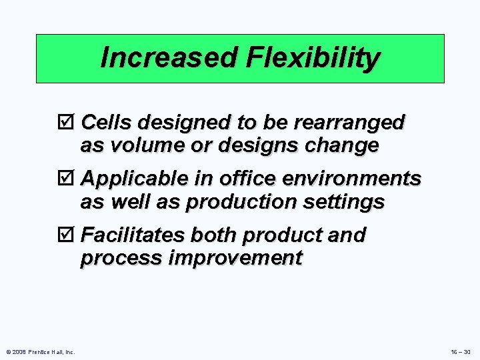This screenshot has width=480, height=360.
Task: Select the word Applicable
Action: [131, 179]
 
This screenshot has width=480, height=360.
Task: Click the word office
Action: [247, 179]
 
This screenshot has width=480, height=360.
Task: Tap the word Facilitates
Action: [133, 235]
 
